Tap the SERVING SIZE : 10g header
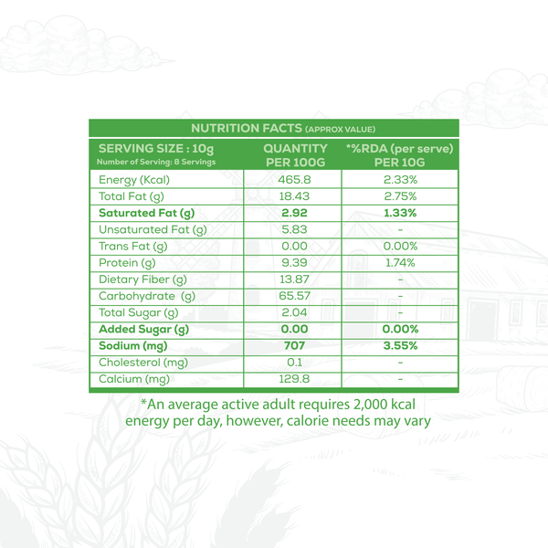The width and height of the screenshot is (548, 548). [155, 149]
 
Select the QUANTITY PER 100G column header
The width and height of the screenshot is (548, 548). [295, 154]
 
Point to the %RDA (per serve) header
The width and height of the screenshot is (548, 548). [399, 149]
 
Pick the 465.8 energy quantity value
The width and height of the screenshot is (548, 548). [295, 179]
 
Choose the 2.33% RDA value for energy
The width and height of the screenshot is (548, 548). [400, 179]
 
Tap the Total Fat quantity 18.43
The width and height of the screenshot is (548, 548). [295, 195]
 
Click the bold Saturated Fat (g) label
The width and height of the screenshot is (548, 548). [144, 213]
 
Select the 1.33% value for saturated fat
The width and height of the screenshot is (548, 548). [400, 213]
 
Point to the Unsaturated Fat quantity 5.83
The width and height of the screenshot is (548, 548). [295, 229]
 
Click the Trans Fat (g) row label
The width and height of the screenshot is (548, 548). [133, 246]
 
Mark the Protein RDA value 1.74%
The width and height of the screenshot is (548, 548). [400, 262]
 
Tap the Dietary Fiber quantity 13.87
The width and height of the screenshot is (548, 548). [295, 279]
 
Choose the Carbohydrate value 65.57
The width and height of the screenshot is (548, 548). [295, 296]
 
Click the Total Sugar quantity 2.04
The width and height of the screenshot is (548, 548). [295, 312]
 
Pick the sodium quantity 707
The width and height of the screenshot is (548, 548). [295, 345]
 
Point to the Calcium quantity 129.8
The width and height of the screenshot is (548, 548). [295, 379]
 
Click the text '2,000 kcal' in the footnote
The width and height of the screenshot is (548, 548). [391, 405]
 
